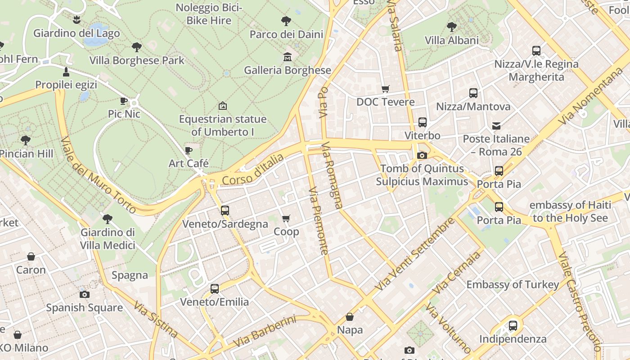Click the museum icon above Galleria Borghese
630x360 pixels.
point(287,57)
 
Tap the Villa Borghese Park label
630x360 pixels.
point(137,60)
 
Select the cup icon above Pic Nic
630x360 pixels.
point(124,101)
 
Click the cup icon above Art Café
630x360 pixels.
point(189,150)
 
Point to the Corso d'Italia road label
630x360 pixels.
point(253,170)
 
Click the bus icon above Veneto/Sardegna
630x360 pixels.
point(225,210)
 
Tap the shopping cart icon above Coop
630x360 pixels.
point(286,219)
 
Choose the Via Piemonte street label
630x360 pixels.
point(319,220)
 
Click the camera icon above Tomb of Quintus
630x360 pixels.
point(422,156)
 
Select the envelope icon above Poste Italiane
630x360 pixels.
point(496,126)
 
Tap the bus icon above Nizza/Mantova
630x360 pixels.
point(473,93)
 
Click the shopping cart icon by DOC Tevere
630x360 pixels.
point(385,89)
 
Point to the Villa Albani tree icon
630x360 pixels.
point(452,27)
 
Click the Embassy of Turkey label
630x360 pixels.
point(513,284)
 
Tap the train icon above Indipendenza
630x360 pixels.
point(513,326)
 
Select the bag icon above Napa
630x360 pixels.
point(350,317)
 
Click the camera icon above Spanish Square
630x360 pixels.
point(84,295)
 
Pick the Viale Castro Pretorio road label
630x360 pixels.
point(579,301)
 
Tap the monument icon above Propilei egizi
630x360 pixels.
point(66,72)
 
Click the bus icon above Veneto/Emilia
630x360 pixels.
point(215,289)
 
